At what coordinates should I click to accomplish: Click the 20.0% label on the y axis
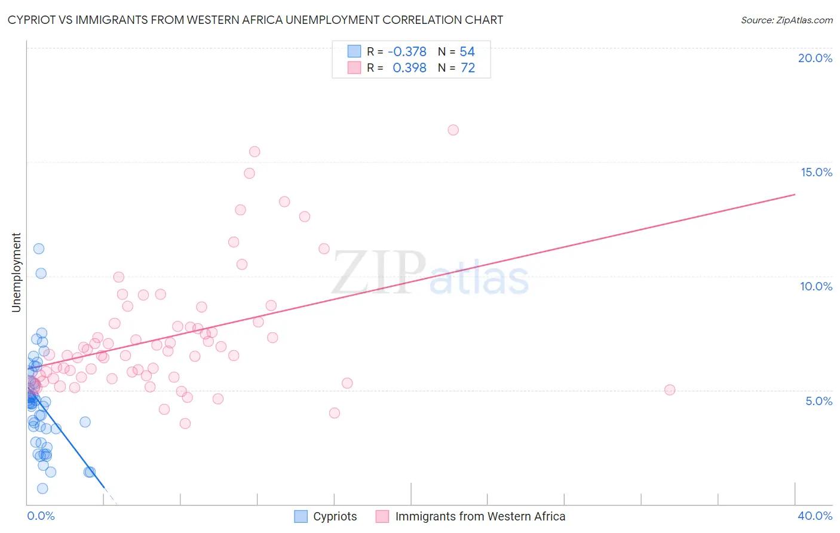tap(815, 58)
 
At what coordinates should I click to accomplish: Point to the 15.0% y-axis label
tap(816, 172)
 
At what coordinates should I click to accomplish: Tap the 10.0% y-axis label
tap(816, 286)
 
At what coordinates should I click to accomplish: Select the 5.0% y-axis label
tap(818, 401)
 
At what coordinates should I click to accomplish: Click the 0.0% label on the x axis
tap(41, 516)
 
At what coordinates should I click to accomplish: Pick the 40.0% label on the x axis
tap(815, 516)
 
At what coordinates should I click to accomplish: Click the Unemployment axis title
tap(16, 272)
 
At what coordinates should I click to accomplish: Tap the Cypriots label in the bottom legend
tap(335, 516)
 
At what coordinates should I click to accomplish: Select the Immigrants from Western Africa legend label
tap(480, 516)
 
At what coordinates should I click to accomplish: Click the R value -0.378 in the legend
tap(407, 52)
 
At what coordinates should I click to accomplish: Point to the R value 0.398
tap(409, 68)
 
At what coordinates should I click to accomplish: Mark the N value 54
tap(467, 52)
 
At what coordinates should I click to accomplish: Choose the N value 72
tap(468, 68)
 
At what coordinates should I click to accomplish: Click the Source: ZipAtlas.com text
tap(786, 20)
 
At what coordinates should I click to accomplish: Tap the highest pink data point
tap(453, 130)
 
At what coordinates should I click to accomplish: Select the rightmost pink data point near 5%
tap(670, 390)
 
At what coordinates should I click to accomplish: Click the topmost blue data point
tap(39, 249)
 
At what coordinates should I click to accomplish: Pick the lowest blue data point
tap(42, 489)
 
